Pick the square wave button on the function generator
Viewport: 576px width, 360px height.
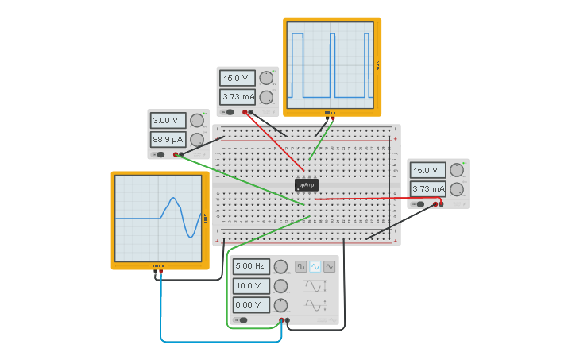[x=301, y=266]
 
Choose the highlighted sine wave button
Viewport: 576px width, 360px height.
[x=315, y=266]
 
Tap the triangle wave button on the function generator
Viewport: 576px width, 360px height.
[x=329, y=266]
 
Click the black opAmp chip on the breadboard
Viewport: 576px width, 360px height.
[x=307, y=184]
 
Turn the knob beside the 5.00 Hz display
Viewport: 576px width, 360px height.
[x=280, y=267]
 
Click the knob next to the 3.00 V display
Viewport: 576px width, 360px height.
[x=197, y=121]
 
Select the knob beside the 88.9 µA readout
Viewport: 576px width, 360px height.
[x=197, y=140]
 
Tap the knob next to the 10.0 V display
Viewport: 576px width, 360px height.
[x=280, y=286]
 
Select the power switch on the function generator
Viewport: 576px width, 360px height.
[x=241, y=320]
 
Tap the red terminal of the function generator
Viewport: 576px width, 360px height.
[x=281, y=320]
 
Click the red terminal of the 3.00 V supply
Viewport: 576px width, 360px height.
[x=176, y=154]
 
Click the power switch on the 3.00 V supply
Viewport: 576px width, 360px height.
[x=159, y=154]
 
